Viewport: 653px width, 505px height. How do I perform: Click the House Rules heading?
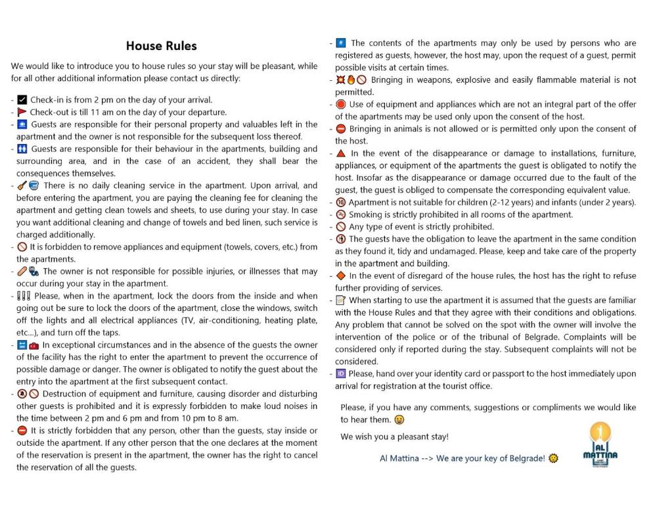tap(161, 46)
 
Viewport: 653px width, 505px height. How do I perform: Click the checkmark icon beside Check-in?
tap(22, 100)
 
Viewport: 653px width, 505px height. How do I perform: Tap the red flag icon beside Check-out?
tap(22, 112)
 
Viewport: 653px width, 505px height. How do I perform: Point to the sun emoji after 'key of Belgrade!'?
tap(553, 458)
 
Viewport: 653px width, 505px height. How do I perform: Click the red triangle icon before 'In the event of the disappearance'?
tap(341, 153)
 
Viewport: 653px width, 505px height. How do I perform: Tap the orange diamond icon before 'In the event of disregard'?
tap(341, 276)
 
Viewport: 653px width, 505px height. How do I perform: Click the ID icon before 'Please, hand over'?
tap(341, 373)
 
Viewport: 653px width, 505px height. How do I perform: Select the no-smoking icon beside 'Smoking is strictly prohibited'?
tap(341, 214)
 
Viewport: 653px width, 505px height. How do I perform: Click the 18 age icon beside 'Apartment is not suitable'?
tap(341, 203)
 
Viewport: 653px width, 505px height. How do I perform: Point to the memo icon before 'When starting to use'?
tap(341, 300)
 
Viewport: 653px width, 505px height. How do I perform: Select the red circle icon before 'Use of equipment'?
tap(341, 105)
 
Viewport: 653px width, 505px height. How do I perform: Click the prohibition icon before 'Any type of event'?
tap(341, 227)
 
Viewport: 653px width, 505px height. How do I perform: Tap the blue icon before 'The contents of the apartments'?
tap(341, 43)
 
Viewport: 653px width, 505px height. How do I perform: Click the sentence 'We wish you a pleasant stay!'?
tap(394, 437)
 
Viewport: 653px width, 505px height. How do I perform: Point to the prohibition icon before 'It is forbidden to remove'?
tap(22, 247)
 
